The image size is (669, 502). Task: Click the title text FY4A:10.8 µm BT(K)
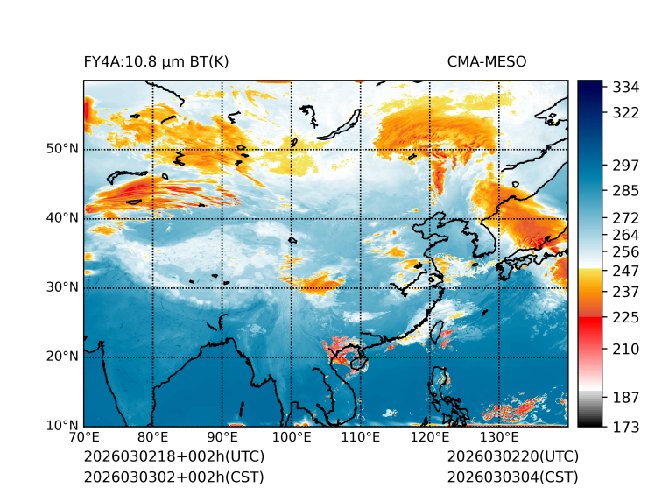click(156, 61)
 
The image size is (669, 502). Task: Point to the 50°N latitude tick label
click(62, 148)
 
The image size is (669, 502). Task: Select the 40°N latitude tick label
click(62, 217)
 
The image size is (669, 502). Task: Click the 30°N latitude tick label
click(62, 287)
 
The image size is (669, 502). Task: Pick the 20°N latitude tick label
click(62, 357)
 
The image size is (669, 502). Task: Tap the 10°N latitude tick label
click(62, 427)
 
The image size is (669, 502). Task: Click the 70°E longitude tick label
click(84, 437)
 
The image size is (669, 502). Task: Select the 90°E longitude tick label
click(222, 437)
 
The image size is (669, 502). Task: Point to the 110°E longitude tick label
click(360, 437)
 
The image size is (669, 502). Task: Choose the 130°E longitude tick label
click(498, 437)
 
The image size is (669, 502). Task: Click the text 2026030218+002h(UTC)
click(173, 456)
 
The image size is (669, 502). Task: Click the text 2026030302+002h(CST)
click(173, 477)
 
